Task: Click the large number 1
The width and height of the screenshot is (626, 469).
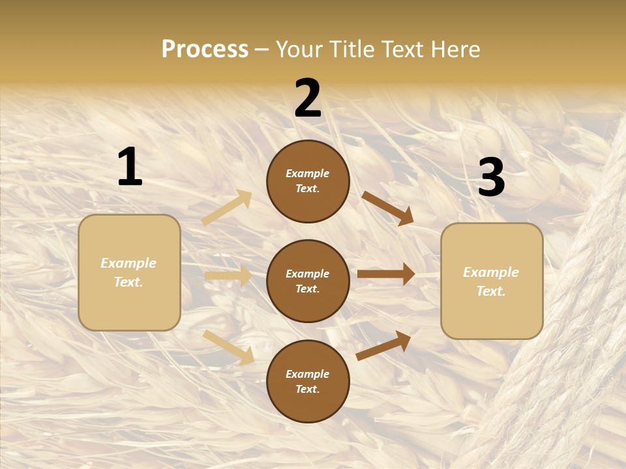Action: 130,167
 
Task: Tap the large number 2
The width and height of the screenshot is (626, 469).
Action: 308,98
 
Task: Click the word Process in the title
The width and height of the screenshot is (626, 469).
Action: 205,49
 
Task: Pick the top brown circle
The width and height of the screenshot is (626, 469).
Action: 308,181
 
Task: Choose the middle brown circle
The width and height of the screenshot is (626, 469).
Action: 308,281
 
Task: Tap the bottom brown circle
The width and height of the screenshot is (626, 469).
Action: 308,381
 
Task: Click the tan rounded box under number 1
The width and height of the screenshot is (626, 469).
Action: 129,272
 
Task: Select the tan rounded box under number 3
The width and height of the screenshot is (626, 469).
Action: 492,281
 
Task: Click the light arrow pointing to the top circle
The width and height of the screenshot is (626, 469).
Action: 227,207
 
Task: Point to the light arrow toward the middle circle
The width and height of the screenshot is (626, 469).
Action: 228,276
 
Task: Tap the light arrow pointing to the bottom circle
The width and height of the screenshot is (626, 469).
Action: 228,347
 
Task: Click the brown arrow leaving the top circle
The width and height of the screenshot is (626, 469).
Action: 387,208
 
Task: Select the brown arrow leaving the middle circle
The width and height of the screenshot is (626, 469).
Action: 386,274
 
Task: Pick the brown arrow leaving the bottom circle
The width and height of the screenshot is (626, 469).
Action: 383,345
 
